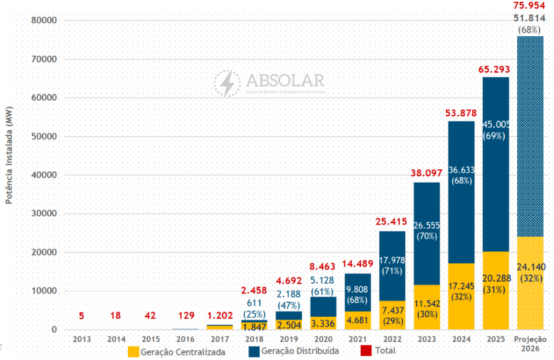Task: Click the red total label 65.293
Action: [x=496, y=70]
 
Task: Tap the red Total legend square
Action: [x=366, y=351]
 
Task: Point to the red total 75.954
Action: [x=530, y=6]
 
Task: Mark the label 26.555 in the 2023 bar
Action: [x=427, y=225]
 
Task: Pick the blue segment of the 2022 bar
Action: [x=393, y=254]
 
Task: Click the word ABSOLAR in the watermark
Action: [x=285, y=81]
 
